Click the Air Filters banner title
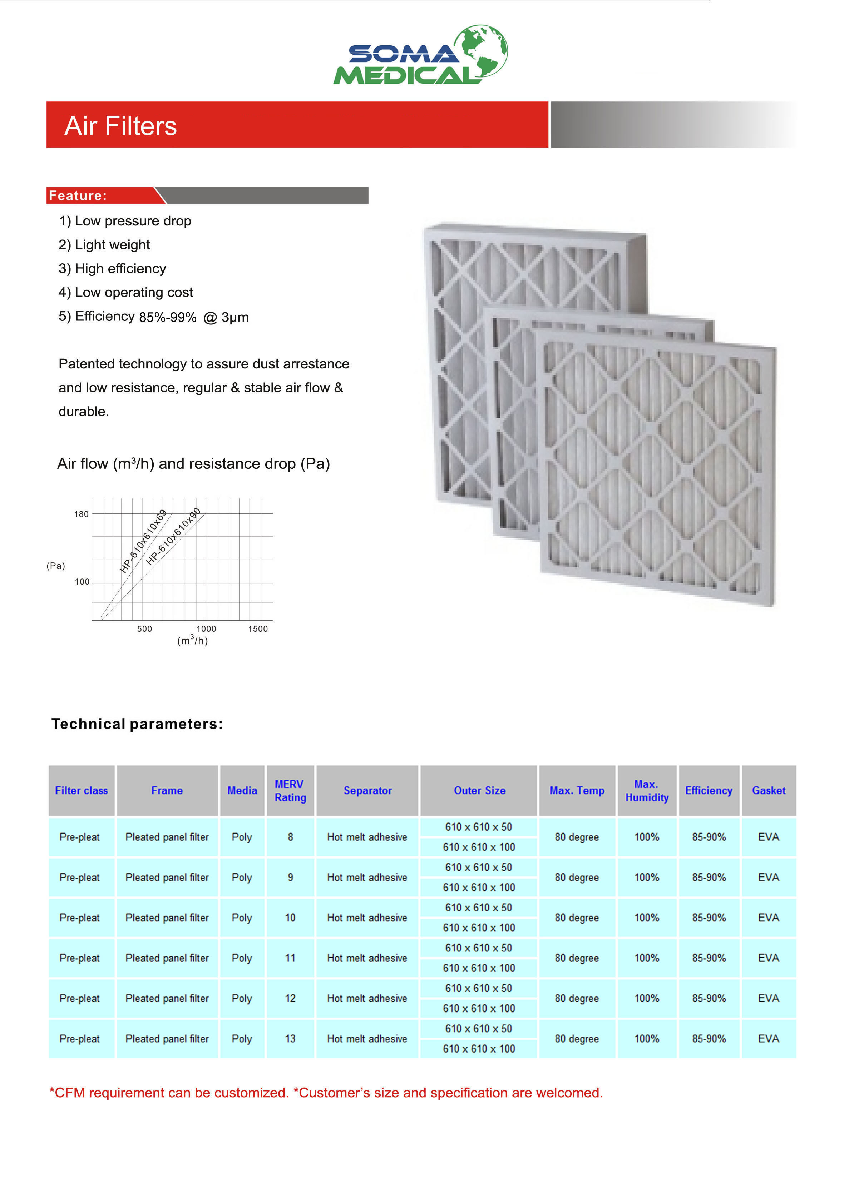click(120, 126)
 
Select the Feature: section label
click(78, 196)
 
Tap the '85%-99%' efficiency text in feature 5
click(167, 317)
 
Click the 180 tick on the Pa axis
click(81, 514)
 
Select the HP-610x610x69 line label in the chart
click(143, 541)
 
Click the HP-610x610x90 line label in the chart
click(173, 536)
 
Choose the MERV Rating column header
click(290, 790)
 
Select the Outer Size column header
click(479, 790)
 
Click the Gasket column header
click(768, 790)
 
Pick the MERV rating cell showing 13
click(290, 1039)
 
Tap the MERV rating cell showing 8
click(290, 837)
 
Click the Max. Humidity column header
click(646, 790)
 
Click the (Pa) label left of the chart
click(56, 566)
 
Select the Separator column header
click(367, 790)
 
